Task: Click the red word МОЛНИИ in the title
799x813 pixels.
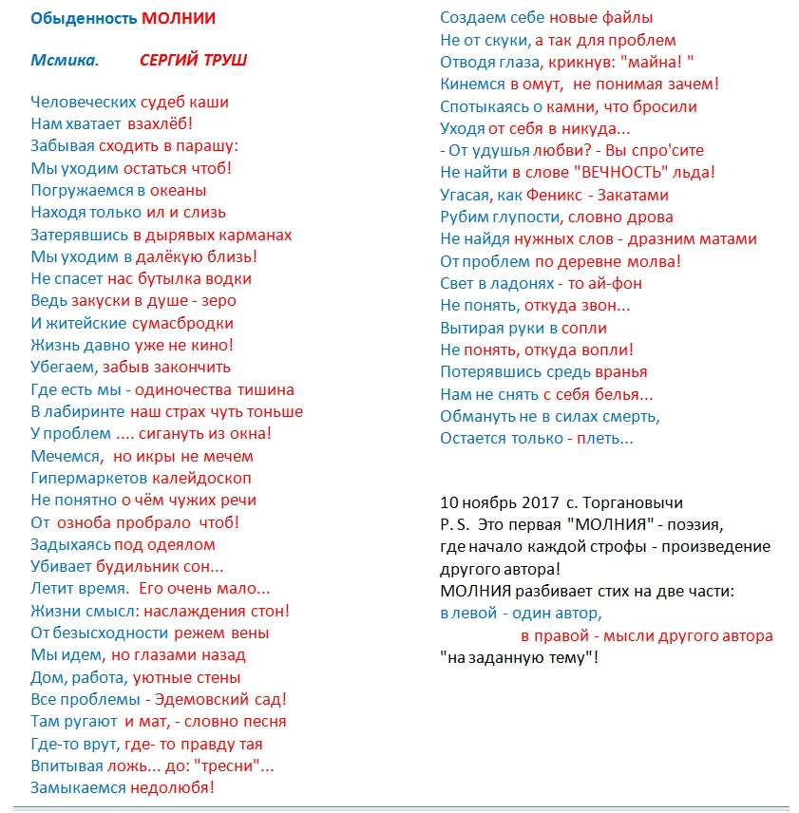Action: [x=179, y=18]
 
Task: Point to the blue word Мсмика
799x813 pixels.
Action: [x=64, y=61]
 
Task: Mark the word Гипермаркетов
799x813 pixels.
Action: [x=88, y=478]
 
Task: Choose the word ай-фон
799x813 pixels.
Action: [x=619, y=283]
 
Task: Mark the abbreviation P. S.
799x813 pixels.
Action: [x=454, y=524]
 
